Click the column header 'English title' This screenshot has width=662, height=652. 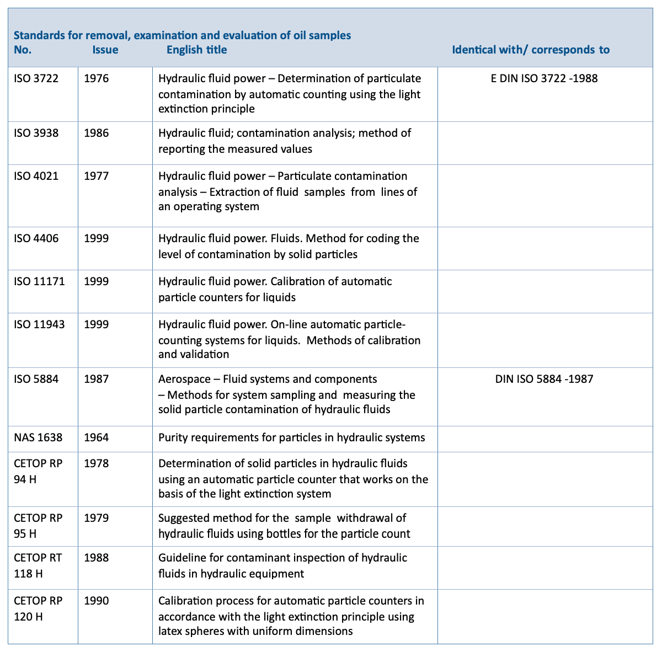click(x=196, y=50)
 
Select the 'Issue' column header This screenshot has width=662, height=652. click(x=105, y=50)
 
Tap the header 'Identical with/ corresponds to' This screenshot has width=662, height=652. click(x=531, y=50)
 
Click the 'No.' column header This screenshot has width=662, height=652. click(x=23, y=50)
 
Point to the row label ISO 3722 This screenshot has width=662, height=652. click(x=36, y=78)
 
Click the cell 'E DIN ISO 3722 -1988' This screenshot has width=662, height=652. click(x=544, y=78)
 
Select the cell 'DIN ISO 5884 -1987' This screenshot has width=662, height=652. click(x=544, y=379)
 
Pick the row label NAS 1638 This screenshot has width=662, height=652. click(x=38, y=438)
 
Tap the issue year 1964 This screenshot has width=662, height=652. click(x=97, y=438)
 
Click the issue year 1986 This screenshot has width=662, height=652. click(x=97, y=133)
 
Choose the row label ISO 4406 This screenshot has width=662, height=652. click(x=36, y=238)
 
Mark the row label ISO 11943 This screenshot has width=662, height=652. click(x=39, y=324)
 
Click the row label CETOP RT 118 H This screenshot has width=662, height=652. click(x=38, y=565)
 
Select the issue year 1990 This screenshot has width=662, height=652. click(x=97, y=601)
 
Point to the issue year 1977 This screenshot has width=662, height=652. click(x=97, y=177)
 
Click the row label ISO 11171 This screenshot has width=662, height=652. click(x=39, y=281)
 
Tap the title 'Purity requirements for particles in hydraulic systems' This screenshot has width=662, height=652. click(x=291, y=438)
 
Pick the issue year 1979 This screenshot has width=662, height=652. click(x=97, y=518)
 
